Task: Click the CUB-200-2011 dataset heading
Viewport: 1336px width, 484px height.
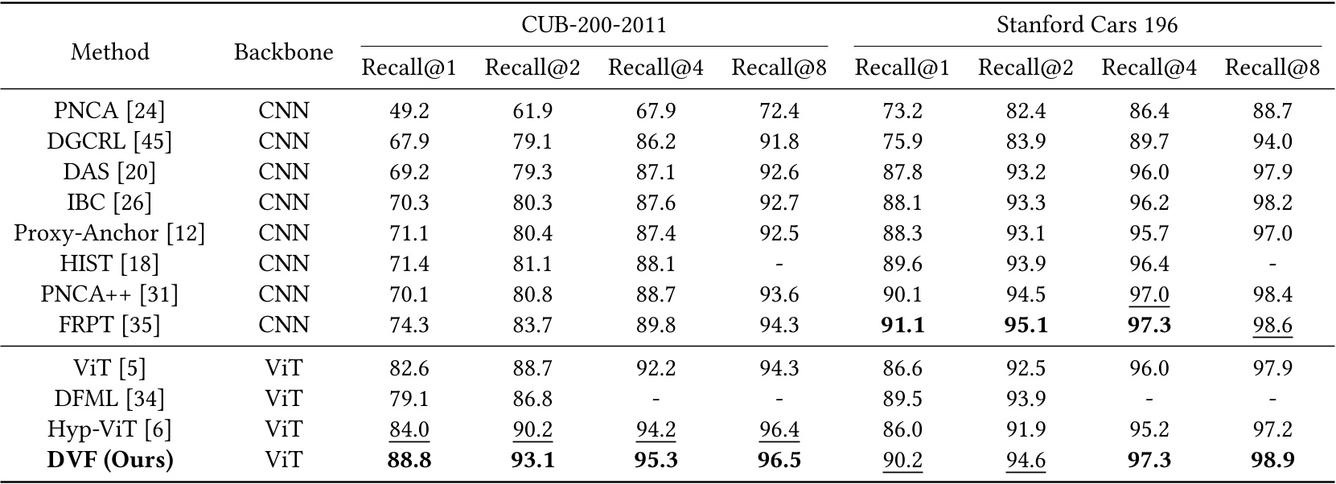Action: pos(594,25)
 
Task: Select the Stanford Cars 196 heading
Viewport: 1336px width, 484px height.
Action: pos(1087,25)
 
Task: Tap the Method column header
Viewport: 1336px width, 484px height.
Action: pos(110,52)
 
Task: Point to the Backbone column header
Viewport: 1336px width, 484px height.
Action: pos(283,52)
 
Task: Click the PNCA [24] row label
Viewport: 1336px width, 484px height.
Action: pos(109,111)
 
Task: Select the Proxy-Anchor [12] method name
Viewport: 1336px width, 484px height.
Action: pos(109,233)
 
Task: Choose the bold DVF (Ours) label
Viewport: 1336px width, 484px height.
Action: pos(109,460)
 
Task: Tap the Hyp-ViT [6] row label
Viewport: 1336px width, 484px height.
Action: pos(109,429)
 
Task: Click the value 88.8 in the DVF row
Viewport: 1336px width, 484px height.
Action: pos(409,460)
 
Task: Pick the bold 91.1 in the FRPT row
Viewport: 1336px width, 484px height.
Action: pos(902,325)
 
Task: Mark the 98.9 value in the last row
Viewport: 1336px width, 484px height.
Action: pos(1272,460)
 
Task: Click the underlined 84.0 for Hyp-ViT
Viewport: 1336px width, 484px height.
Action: pos(409,429)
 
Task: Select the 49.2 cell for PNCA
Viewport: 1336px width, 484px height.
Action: pos(409,111)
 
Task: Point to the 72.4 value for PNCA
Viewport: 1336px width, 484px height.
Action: pos(779,111)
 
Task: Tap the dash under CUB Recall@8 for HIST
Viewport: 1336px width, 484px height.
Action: pos(779,264)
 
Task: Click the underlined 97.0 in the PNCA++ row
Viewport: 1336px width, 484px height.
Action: pos(1149,294)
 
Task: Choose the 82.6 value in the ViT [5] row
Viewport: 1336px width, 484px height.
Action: pos(409,368)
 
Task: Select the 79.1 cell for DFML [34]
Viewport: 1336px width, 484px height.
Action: pos(409,399)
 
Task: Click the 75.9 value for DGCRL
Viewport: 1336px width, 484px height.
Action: pos(902,142)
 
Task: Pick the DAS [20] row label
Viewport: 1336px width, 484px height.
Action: pos(109,172)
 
